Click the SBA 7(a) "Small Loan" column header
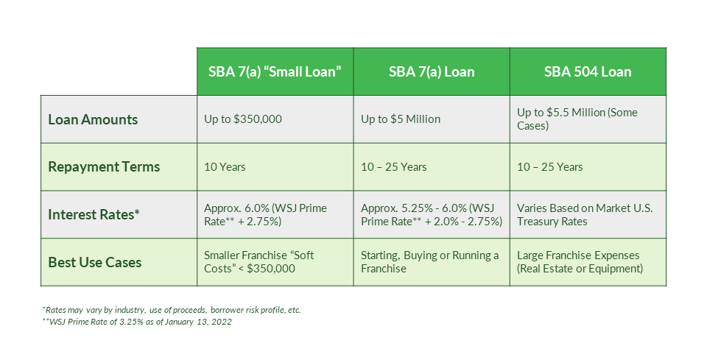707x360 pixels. [275, 71]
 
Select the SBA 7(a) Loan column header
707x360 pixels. [432, 71]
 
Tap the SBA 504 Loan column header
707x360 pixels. [588, 71]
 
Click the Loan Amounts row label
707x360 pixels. [93, 119]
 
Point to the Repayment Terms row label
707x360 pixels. [104, 167]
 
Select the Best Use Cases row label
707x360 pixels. [95, 262]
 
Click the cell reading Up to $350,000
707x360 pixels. [243, 119]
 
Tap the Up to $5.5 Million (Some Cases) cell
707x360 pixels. [577, 119]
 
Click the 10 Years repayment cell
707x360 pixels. [225, 167]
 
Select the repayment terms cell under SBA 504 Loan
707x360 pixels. [549, 167]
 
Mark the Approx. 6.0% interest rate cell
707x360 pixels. [265, 214]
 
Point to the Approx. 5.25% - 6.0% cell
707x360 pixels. [431, 214]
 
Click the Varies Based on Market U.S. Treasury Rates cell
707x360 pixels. [585, 214]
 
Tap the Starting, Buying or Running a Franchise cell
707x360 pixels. [429, 262]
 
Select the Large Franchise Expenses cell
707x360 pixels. [580, 262]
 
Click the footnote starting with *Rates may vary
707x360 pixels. [171, 310]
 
